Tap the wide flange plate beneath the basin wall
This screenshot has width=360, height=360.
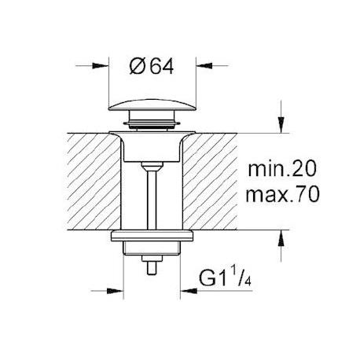(151, 236)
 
